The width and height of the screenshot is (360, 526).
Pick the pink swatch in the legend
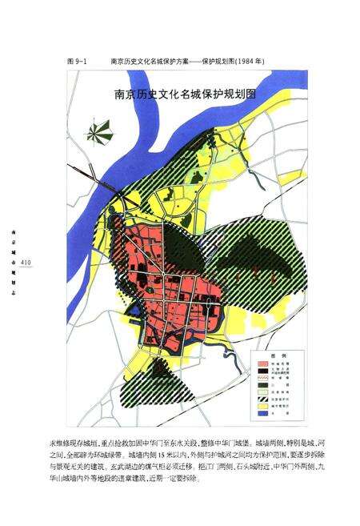[x=263, y=363]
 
